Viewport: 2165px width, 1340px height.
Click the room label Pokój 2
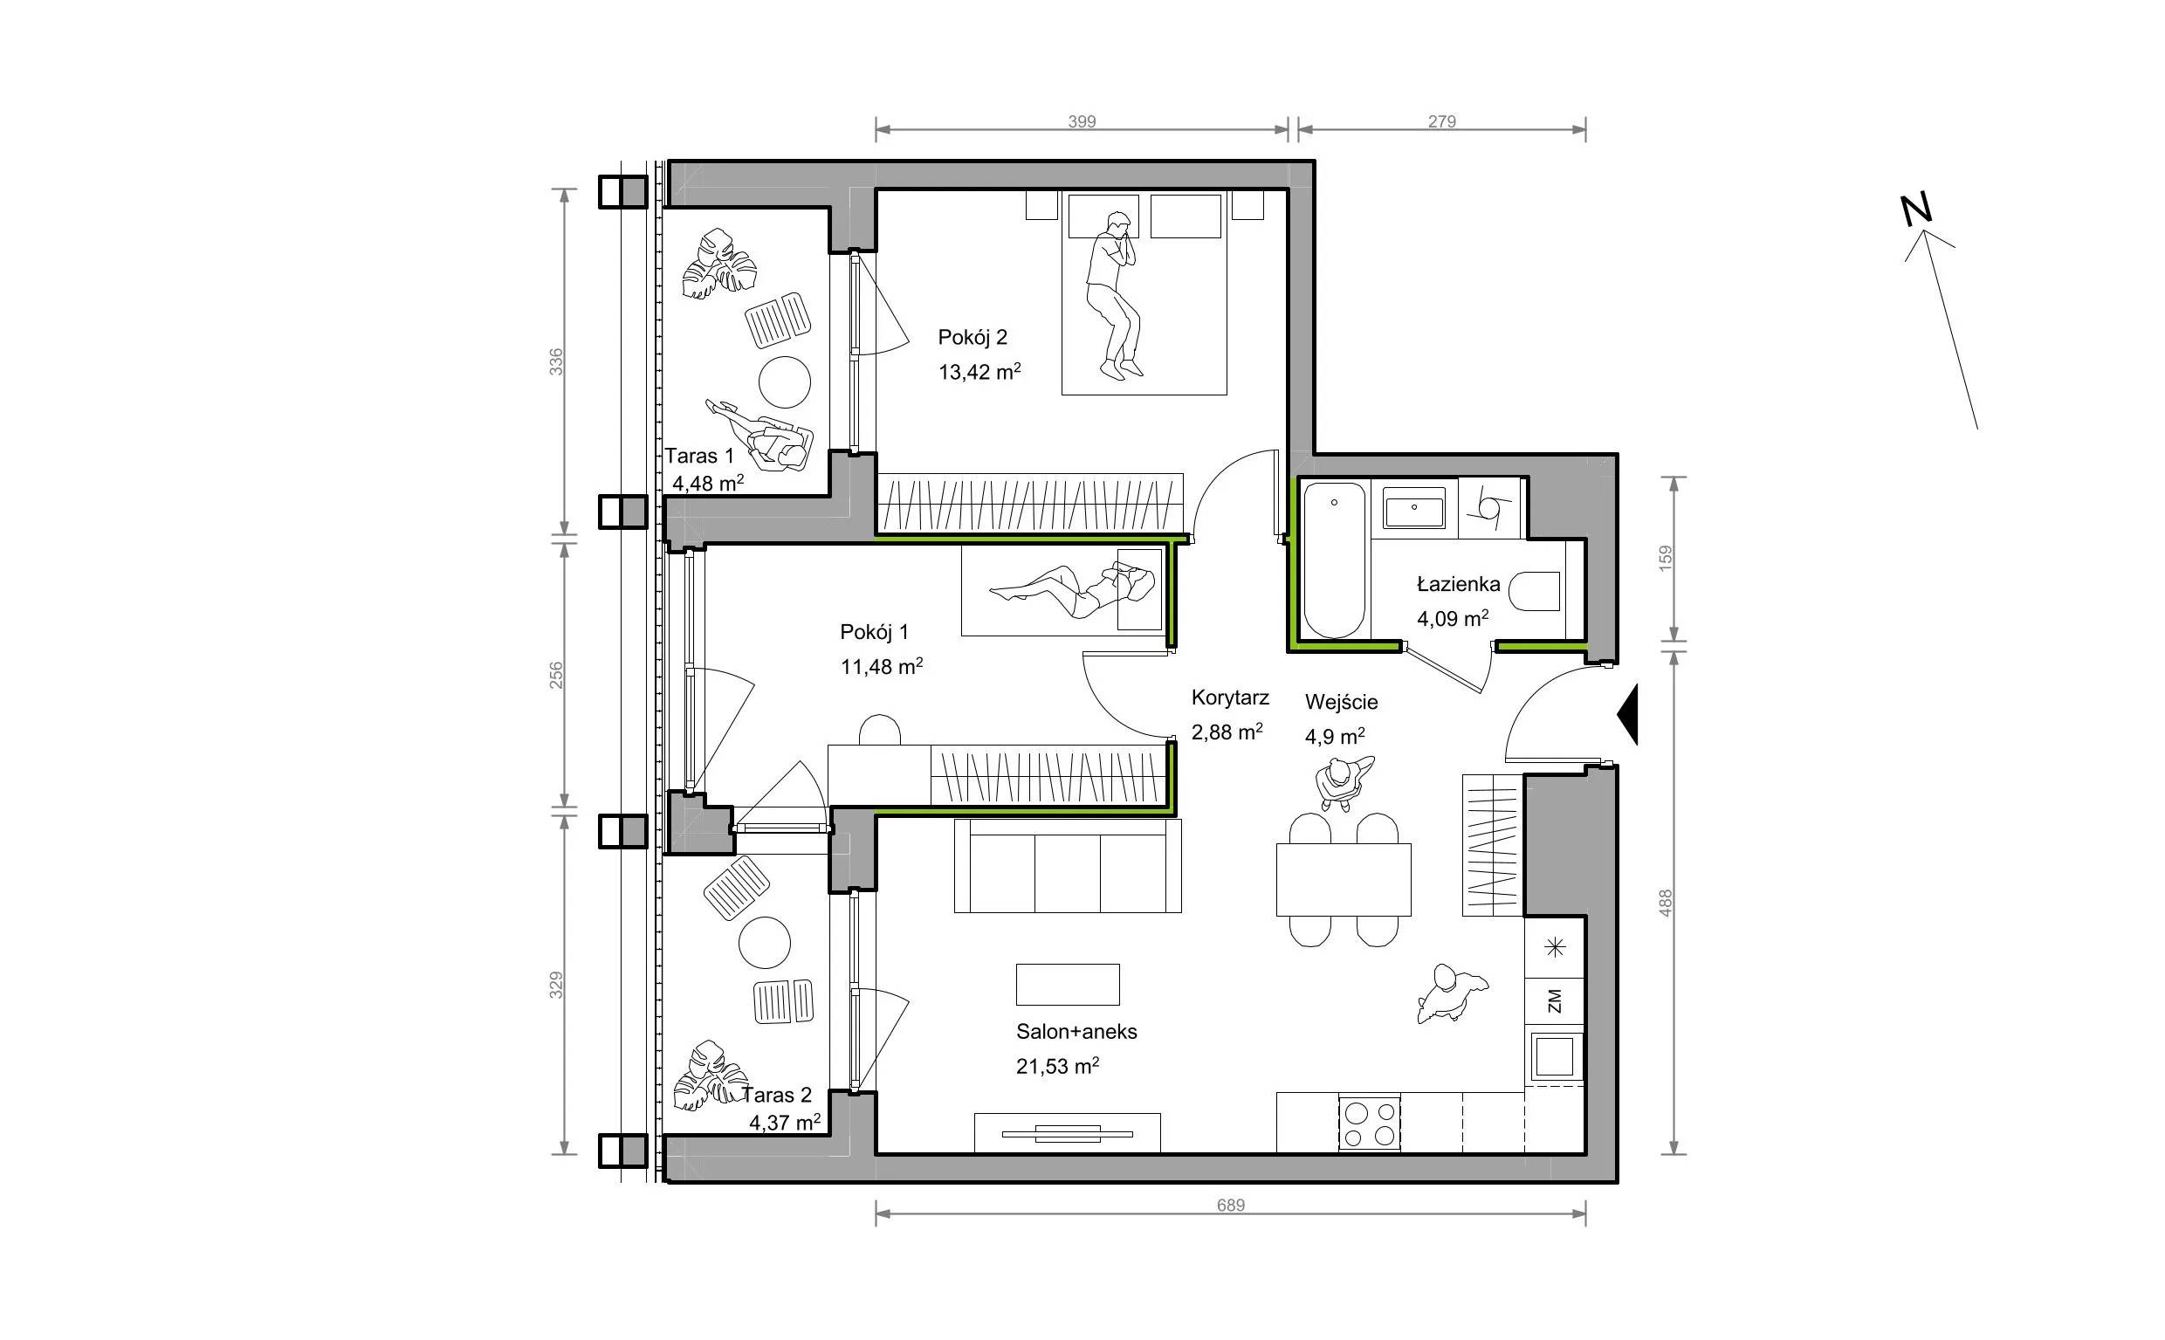[973, 338]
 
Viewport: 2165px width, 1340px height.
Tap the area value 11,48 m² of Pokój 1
[882, 665]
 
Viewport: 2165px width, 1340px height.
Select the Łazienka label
[1458, 584]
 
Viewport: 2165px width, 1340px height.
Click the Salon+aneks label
[1076, 1032]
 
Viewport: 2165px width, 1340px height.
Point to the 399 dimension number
[1081, 121]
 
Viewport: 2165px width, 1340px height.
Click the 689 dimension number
[1230, 1206]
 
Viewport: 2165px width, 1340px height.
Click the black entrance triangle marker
[1627, 713]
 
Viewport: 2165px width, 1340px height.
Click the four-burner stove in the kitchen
[1368, 1123]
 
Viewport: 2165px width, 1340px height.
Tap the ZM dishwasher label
[1555, 1001]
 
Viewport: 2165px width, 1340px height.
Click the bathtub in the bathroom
[1333, 560]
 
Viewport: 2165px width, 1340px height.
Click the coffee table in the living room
[1067, 984]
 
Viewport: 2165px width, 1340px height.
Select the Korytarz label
[1230, 697]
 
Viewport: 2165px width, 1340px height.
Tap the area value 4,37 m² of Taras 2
[785, 1122]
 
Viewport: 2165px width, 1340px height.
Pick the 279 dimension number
[1442, 121]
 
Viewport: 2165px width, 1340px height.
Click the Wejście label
[1341, 703]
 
